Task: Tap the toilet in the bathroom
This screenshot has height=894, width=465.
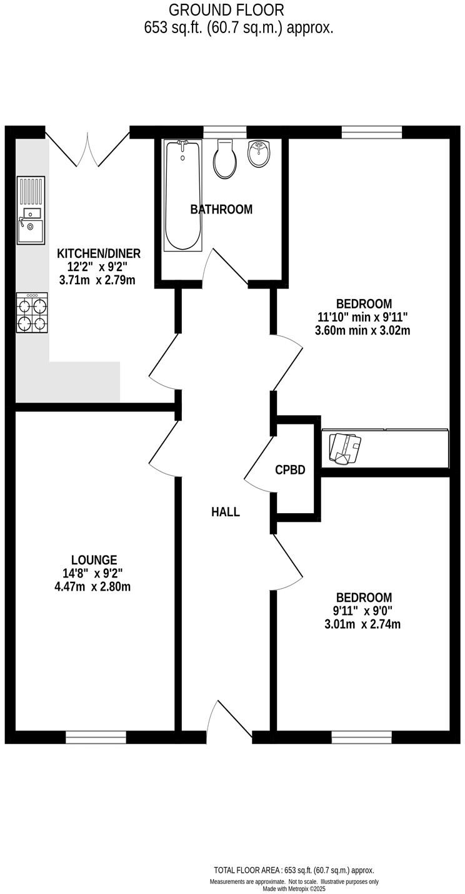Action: coord(225,159)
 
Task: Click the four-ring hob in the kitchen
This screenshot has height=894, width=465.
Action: coord(32,314)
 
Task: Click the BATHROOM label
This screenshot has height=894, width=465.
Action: coord(221,210)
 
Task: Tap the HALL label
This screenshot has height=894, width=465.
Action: coord(226,512)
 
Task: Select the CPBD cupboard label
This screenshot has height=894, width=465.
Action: coord(290,470)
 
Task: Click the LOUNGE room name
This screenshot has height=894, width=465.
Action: coord(94,561)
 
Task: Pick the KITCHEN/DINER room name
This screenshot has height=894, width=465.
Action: coord(99,253)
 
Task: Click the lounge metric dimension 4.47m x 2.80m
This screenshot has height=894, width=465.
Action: coord(94,586)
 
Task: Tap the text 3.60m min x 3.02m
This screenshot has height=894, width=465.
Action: coord(362,330)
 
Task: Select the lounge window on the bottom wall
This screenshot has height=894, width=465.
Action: coord(96,737)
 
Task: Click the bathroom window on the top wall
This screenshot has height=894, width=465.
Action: coord(225,131)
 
